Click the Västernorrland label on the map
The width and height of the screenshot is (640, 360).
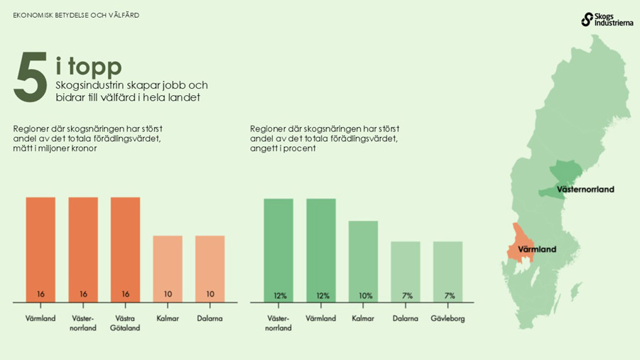pos(585,190)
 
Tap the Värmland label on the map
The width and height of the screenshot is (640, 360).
pos(537,250)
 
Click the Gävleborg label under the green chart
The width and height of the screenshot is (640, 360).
pos(448,319)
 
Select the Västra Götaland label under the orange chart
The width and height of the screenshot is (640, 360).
pos(125,323)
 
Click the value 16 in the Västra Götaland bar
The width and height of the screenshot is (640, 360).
pos(125,294)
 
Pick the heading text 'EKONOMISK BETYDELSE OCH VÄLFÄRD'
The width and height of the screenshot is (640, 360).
pos(76,15)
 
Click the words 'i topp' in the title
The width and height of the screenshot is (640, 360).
pos(89,66)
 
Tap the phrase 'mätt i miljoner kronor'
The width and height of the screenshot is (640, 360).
pos(55,149)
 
